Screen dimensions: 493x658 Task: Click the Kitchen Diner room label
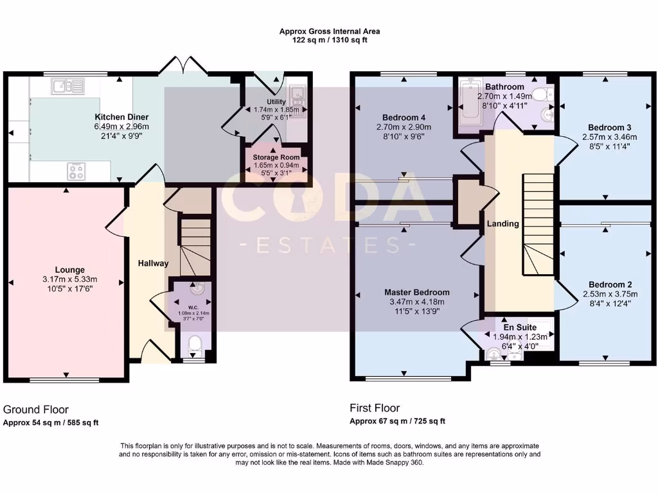click(x=121, y=117)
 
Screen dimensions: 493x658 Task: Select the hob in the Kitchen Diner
click(x=78, y=170)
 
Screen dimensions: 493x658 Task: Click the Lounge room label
click(x=69, y=270)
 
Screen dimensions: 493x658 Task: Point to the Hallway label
click(x=154, y=263)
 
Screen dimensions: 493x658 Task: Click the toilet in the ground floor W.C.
click(x=193, y=347)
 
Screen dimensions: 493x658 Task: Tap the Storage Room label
click(x=276, y=157)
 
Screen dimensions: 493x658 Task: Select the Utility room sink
click(x=298, y=96)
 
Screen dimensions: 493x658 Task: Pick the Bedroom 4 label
click(x=404, y=117)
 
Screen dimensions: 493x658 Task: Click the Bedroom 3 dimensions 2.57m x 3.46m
click(x=609, y=137)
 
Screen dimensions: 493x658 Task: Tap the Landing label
click(x=502, y=223)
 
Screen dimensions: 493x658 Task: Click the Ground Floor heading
click(x=36, y=409)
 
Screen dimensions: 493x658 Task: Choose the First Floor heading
click(x=375, y=408)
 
